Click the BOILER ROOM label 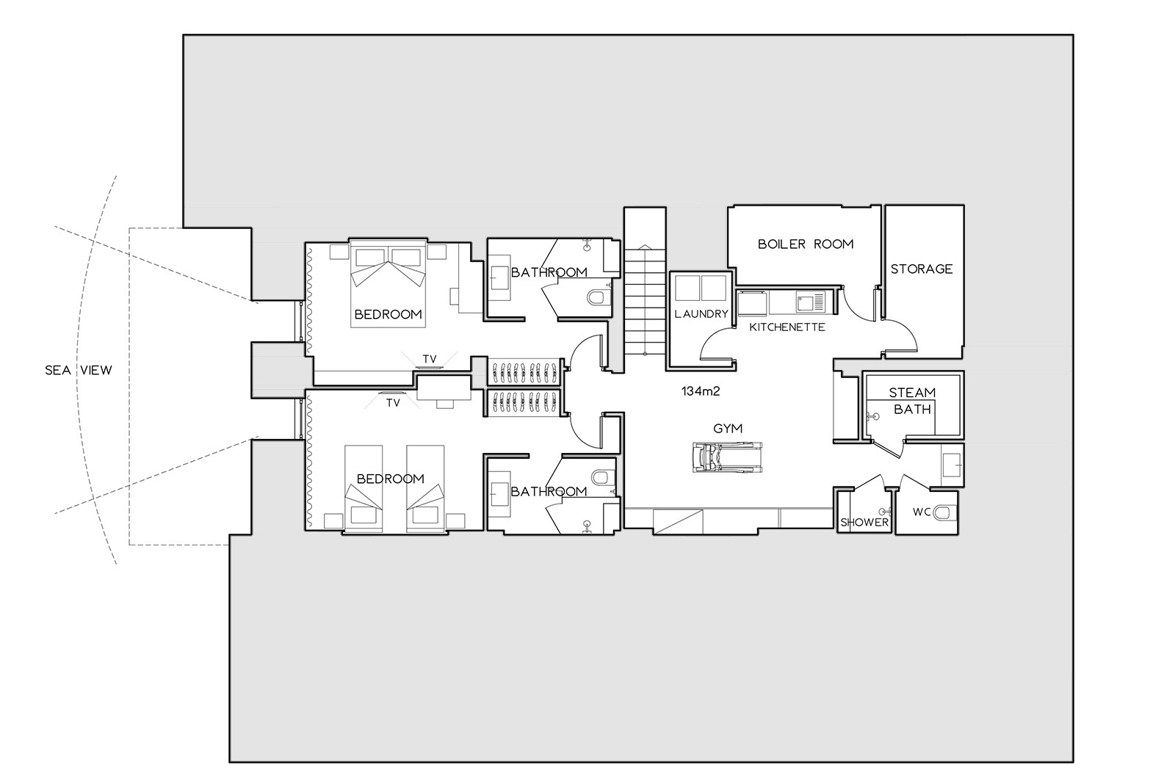point(806,244)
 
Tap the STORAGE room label point(922,269)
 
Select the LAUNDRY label point(701,313)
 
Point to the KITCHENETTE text point(787,327)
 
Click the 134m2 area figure point(701,391)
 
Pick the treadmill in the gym point(727,457)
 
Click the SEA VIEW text point(78,370)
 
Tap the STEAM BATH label point(912,401)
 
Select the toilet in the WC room point(946,512)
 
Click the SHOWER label point(864,523)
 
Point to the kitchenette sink point(811,302)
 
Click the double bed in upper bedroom point(388,283)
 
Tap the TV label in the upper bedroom point(430,359)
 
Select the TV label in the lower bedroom point(393,403)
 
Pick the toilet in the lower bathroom point(604,478)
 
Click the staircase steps point(645,301)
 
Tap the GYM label point(728,429)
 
